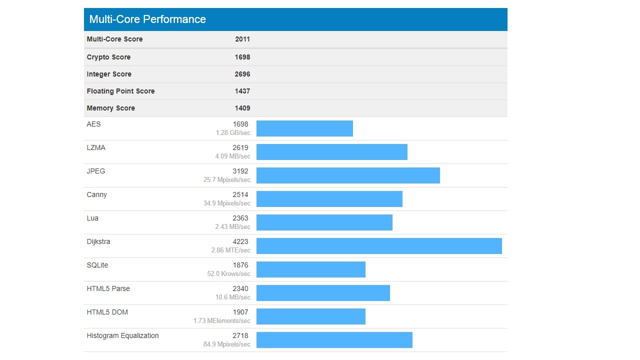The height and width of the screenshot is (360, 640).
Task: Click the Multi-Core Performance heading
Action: point(147,19)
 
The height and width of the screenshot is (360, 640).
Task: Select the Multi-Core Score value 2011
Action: point(242,39)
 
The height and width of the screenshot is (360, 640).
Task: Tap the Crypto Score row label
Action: point(109,57)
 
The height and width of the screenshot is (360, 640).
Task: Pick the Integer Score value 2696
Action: point(242,74)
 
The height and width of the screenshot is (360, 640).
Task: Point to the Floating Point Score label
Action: point(120,91)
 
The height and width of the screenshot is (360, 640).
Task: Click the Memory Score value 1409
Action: point(242,108)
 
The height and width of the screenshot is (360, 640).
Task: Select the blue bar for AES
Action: point(304,128)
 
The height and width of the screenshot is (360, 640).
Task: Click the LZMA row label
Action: point(96,147)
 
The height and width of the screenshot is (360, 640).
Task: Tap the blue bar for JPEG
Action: point(348,175)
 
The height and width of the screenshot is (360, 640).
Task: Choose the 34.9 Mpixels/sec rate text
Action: point(227,203)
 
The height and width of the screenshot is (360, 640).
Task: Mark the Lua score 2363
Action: point(240,218)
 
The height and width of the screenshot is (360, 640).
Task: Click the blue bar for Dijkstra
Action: point(379,246)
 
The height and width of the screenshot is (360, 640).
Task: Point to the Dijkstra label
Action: point(98,241)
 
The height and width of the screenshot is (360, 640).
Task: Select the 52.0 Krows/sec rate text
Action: point(229,274)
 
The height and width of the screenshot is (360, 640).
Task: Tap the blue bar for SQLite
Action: point(311,269)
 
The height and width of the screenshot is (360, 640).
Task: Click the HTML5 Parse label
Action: point(108,288)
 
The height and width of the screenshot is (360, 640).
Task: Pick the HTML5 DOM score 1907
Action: point(240,312)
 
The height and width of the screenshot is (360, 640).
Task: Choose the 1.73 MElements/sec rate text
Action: point(222,321)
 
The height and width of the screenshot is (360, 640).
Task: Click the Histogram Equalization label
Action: point(122,335)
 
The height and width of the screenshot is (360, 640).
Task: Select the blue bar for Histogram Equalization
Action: point(334,340)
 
